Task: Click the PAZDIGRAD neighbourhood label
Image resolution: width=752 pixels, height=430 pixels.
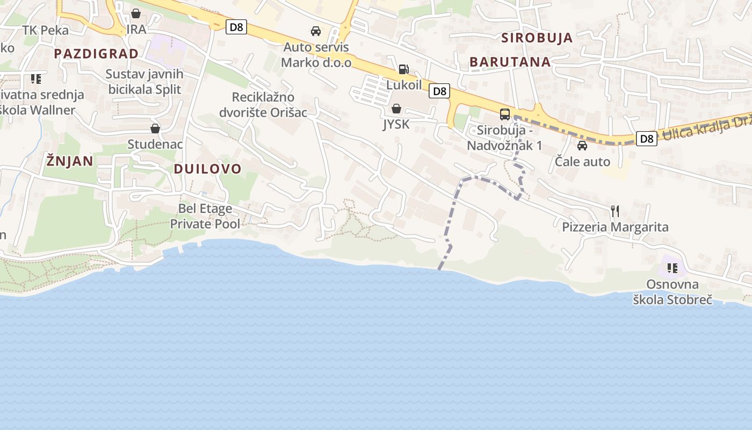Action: click(96, 54)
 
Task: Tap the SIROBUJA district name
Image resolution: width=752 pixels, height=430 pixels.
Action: click(537, 38)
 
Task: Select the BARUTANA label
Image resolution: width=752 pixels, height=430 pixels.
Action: click(510, 62)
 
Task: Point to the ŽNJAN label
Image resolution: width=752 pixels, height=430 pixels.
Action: click(70, 161)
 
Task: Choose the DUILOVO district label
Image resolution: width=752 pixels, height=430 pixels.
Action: click(208, 169)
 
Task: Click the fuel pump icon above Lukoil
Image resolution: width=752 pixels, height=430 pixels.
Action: click(403, 69)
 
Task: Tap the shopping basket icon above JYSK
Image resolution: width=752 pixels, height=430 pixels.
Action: click(396, 109)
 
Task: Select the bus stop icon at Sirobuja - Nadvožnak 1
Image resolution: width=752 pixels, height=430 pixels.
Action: click(505, 114)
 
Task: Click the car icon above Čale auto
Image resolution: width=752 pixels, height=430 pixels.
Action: click(582, 146)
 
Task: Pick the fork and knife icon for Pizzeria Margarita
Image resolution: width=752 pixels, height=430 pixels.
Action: click(615, 211)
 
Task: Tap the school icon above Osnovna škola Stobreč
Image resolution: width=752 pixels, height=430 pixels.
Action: click(672, 268)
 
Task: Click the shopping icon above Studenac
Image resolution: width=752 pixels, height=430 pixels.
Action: click(155, 128)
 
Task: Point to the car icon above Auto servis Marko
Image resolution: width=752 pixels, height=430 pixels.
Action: click(316, 31)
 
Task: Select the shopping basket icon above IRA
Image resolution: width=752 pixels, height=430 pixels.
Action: click(136, 13)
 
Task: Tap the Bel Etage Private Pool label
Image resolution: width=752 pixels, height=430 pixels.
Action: click(205, 216)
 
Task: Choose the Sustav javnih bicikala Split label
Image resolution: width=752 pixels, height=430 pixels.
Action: click(145, 82)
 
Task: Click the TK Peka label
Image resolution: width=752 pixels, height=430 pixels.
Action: click(46, 30)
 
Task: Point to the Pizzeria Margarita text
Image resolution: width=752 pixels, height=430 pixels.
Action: click(615, 227)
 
